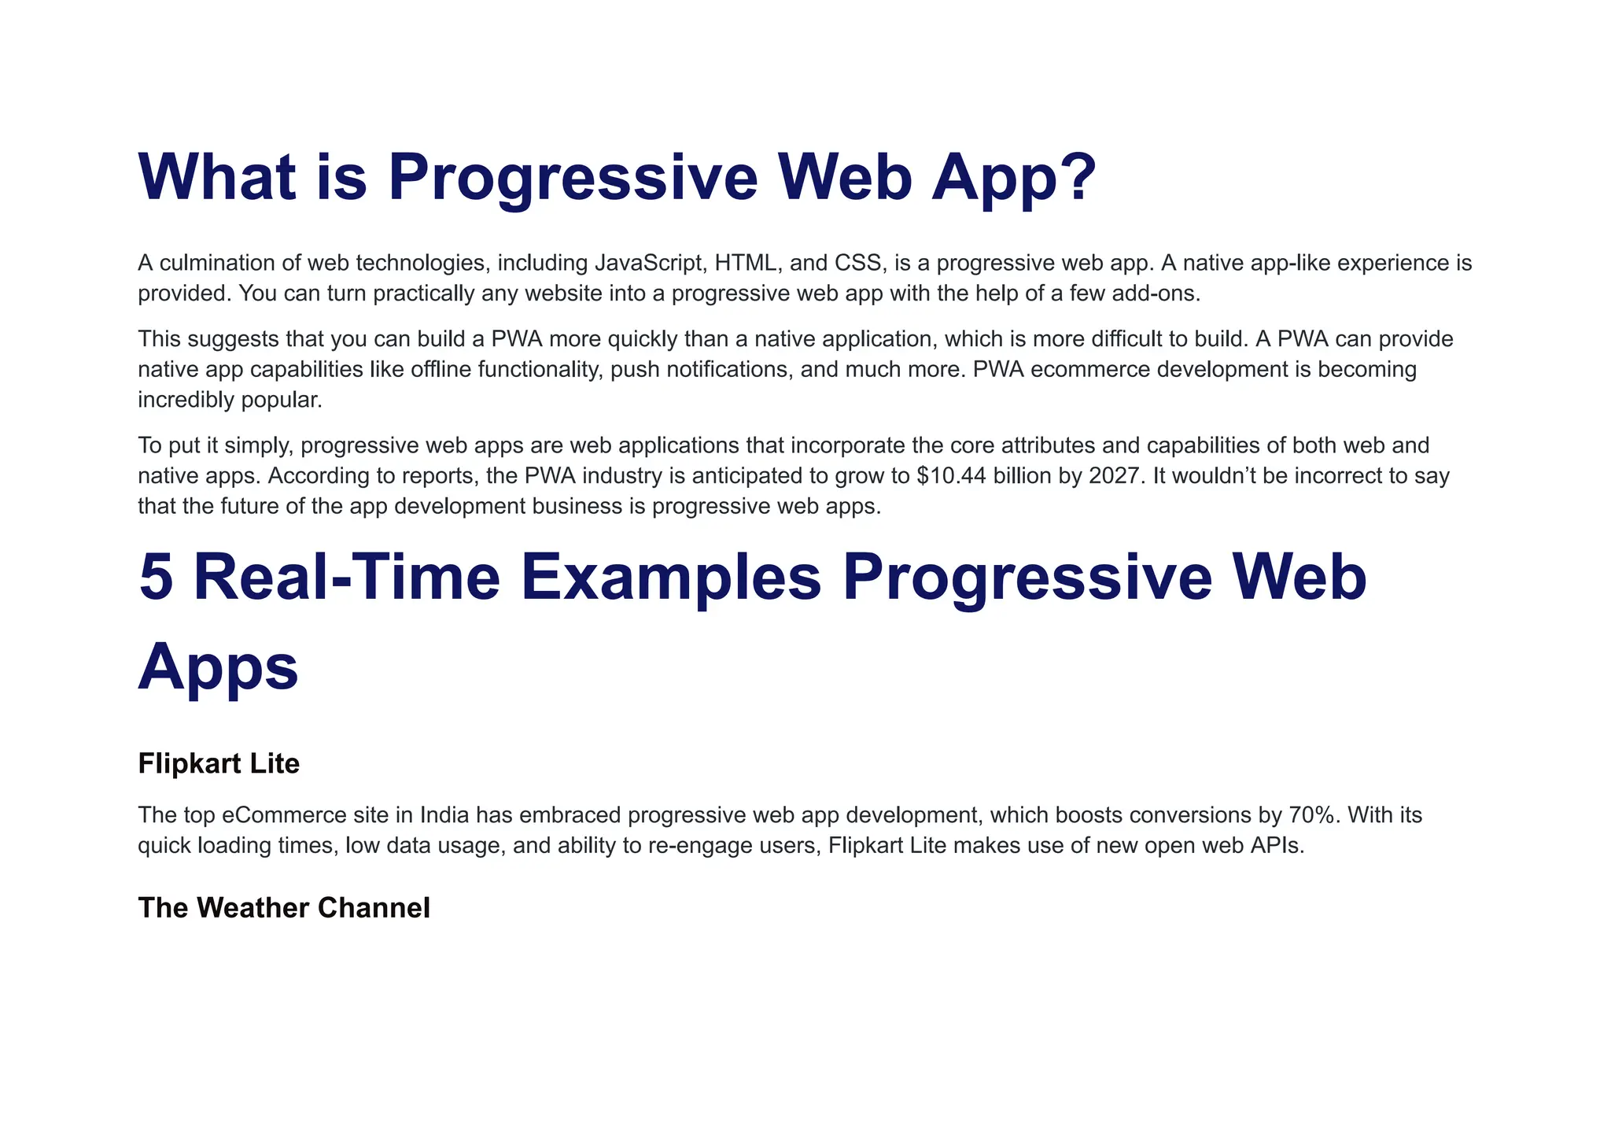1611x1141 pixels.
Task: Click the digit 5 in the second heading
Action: pos(156,577)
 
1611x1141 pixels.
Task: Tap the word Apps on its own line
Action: pos(219,666)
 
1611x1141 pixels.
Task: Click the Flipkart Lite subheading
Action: pos(219,763)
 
